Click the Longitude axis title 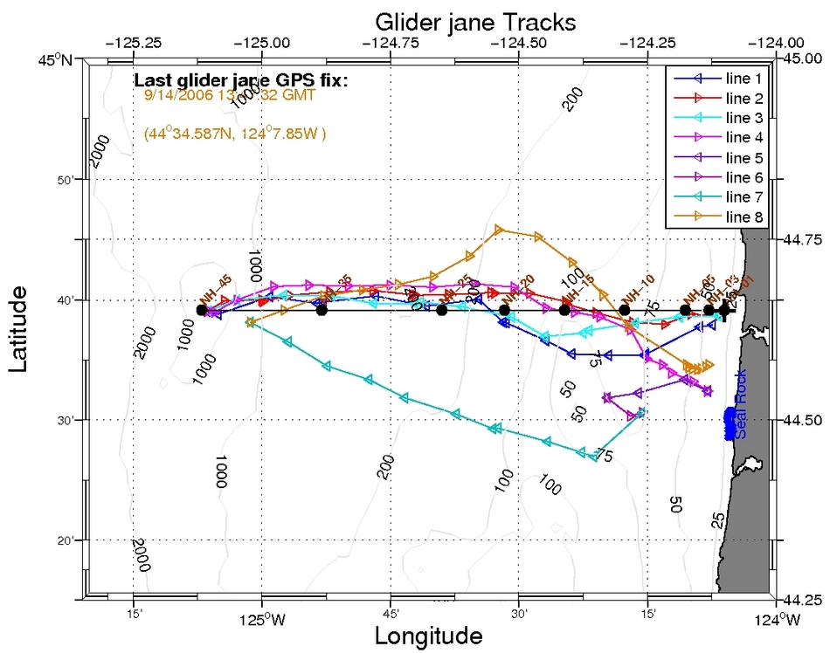(x=428, y=636)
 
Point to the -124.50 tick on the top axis (x=519, y=41)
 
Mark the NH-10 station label (x=638, y=288)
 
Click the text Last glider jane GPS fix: (x=241, y=81)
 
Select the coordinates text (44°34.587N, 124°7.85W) (x=235, y=134)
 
